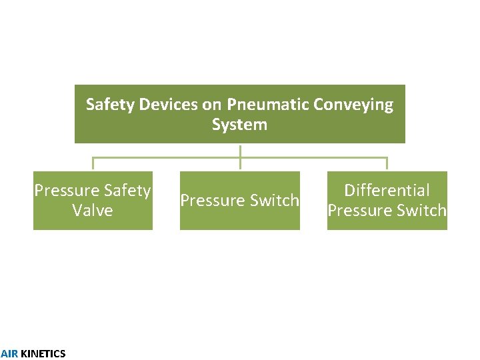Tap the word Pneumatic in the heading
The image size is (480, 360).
pos(262,105)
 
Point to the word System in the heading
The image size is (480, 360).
pos(239,125)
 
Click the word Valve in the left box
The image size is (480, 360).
pos(93,211)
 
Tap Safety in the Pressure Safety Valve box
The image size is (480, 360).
pos(129,191)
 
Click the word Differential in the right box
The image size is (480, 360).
pos(387,191)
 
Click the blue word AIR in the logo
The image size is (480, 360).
pos(9,354)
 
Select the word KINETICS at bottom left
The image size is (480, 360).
pos(43,354)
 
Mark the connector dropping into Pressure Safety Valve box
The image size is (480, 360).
pos(93,165)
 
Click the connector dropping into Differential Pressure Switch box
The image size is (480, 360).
pos(387,165)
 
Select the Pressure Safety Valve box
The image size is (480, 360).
pos(93,201)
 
